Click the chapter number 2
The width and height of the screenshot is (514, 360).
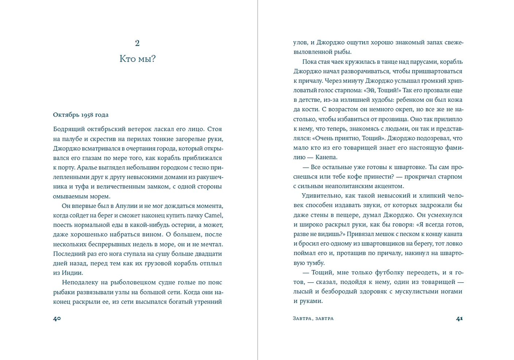tap(137, 43)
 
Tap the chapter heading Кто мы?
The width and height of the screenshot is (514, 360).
tap(137, 59)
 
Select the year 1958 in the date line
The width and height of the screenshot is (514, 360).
tap(87, 115)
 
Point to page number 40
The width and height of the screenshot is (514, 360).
tap(57, 318)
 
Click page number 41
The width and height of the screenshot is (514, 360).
tap(459, 318)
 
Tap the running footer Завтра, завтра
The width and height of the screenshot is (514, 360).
tap(313, 318)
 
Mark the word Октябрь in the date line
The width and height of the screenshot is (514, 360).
tap(66, 115)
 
